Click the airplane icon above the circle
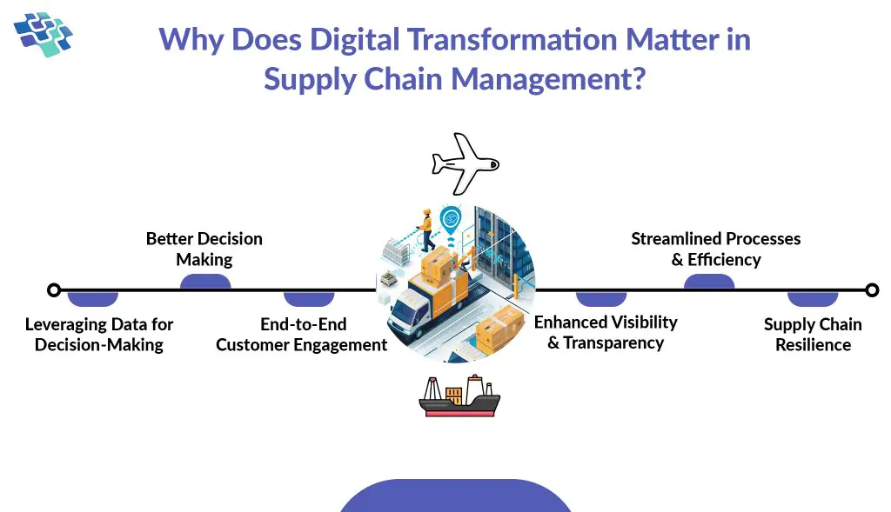465,163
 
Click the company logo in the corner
44,32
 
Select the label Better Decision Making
204,249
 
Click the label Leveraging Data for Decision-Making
99,335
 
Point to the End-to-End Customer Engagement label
302,335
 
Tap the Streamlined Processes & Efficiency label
715,249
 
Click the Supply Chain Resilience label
813,335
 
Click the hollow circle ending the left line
54,289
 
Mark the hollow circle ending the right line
872,289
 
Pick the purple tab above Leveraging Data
93,298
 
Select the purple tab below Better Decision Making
205,282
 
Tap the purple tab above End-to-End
309,298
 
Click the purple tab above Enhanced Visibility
601,298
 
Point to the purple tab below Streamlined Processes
709,282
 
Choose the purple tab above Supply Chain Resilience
813,298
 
